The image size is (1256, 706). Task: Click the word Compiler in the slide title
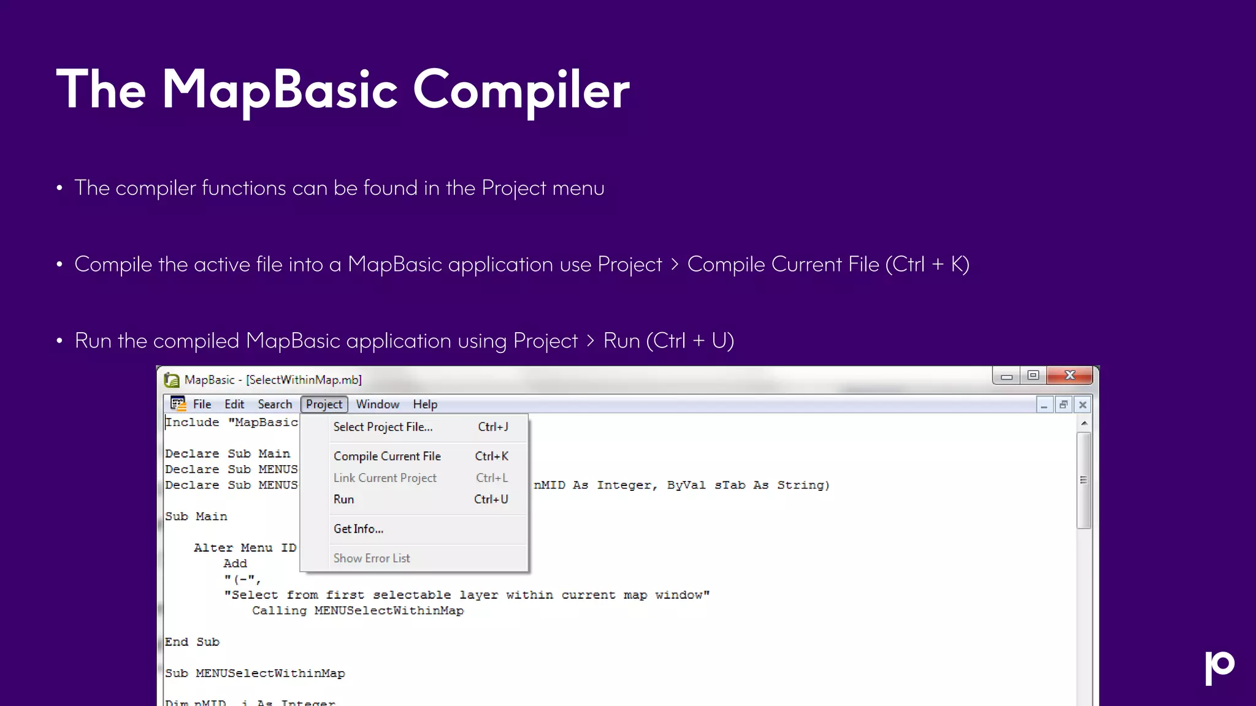coord(521,90)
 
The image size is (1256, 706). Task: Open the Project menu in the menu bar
coord(324,404)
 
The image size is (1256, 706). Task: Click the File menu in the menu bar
coord(202,404)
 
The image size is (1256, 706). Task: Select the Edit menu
coord(234,404)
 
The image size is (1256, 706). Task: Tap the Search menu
coord(275,404)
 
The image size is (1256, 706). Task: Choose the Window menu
coord(377,404)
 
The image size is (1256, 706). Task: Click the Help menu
coord(425,404)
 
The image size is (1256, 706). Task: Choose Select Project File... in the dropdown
coord(383,427)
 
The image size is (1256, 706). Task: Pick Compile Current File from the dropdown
coord(387,457)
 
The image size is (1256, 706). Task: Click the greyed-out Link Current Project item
coord(385,478)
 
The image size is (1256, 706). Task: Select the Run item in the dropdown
coord(344,499)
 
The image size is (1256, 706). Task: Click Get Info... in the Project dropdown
coord(358,529)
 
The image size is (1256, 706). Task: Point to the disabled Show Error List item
coord(372,558)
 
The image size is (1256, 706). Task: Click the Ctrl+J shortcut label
coord(493,427)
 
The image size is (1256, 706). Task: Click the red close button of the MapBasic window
coord(1070,376)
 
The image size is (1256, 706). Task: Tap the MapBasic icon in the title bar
coord(172,381)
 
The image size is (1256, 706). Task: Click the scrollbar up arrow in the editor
coord(1084,423)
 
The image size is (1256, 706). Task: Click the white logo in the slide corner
coord(1219,667)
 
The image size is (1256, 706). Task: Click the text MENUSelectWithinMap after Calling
coord(389,611)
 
